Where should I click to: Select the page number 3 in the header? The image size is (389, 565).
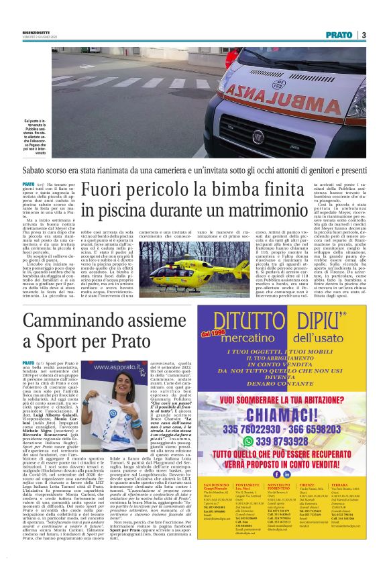pyautogui.click(x=363, y=35)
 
